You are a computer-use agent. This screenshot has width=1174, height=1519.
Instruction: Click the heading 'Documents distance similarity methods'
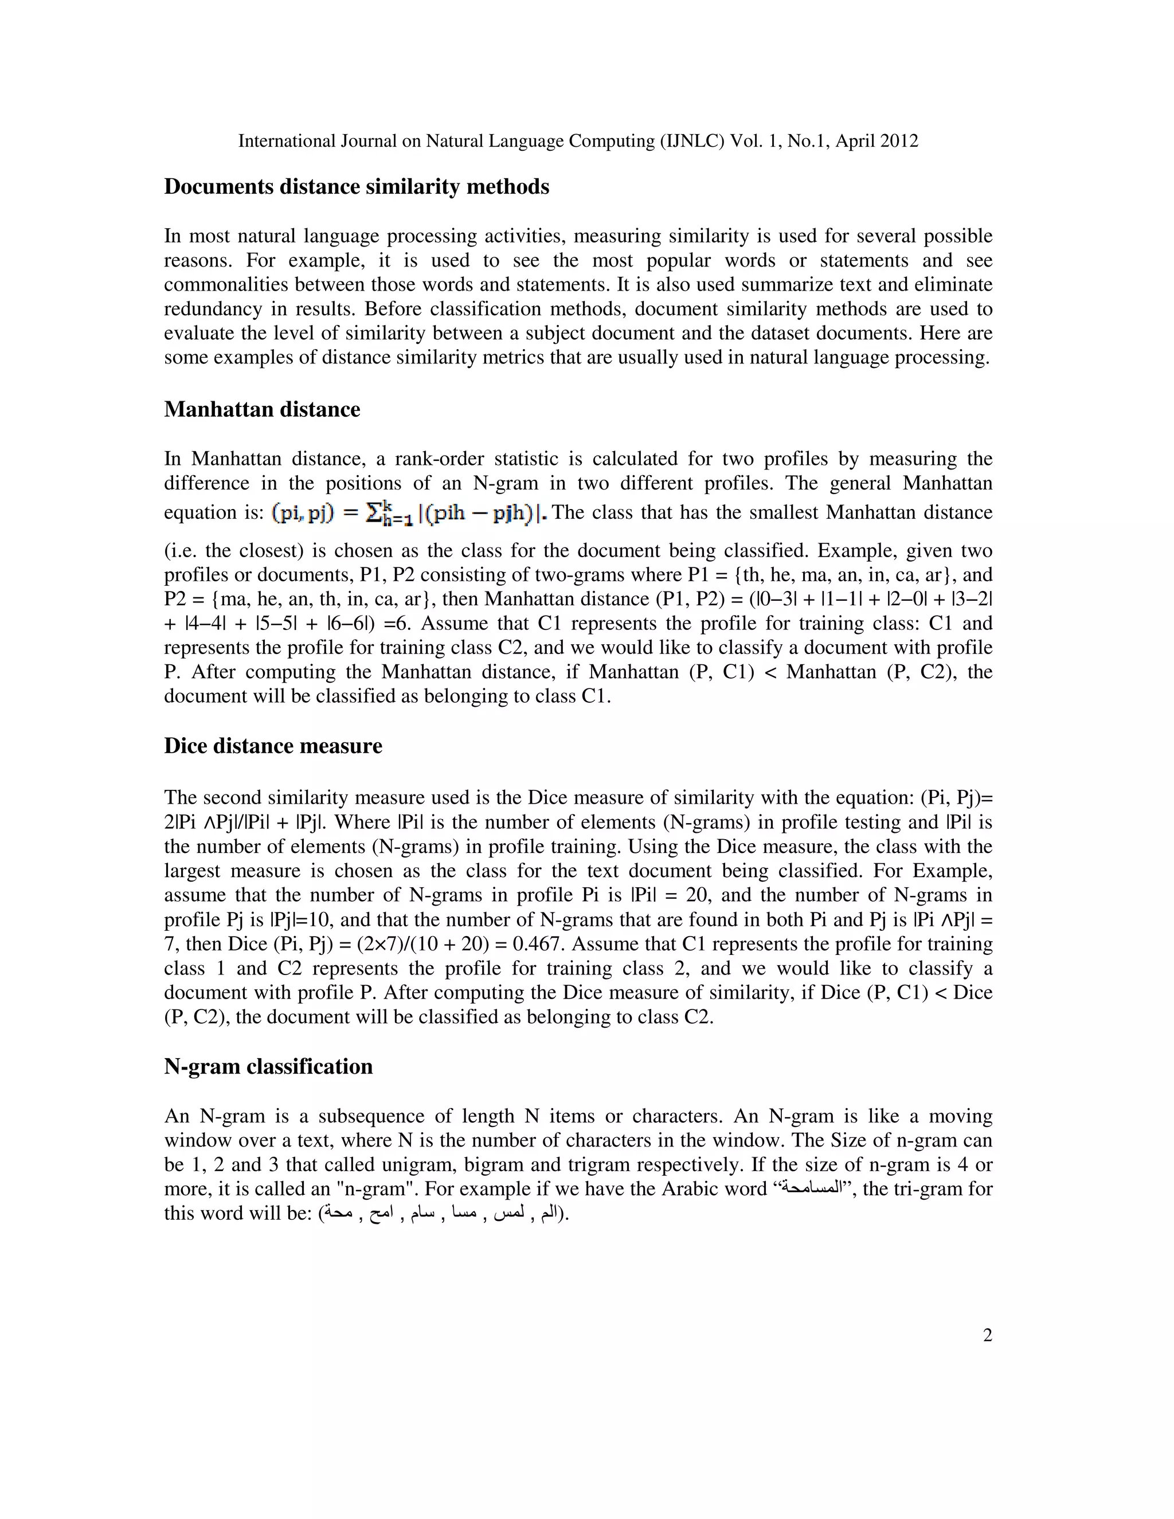pyautogui.click(x=356, y=187)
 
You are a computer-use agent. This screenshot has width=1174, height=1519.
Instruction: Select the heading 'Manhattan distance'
pyautogui.click(x=261, y=410)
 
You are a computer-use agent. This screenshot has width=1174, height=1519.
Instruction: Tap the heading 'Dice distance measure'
pyautogui.click(x=273, y=746)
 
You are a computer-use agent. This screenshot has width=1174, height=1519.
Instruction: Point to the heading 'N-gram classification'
pyautogui.click(x=268, y=1067)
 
